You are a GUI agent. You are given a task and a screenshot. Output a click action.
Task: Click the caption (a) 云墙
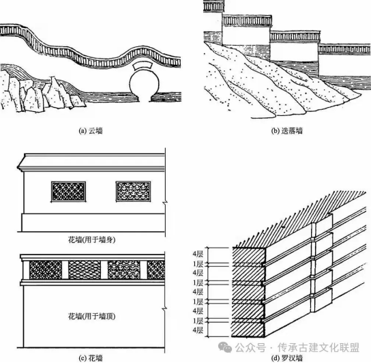coord(91,131)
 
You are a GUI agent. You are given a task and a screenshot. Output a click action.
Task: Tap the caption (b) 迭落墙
coord(286,131)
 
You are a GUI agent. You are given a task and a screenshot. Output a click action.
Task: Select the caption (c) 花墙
coord(91,358)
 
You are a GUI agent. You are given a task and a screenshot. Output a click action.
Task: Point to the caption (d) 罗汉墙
coord(286,358)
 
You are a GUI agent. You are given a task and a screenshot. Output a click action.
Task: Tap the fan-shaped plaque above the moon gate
coord(144,66)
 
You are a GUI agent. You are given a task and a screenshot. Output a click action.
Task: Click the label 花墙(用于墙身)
coord(92,240)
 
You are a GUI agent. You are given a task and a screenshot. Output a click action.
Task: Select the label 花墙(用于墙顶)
coord(92,317)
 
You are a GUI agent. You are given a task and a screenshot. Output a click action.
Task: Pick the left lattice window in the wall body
coord(68,192)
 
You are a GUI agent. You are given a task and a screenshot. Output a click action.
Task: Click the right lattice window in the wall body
coord(133,192)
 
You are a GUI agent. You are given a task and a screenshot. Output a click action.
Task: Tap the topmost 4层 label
coord(198,254)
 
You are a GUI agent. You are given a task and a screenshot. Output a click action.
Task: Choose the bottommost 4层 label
coord(198,330)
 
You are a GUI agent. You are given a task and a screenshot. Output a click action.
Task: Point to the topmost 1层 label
coord(198,263)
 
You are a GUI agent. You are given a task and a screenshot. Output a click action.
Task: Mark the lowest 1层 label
coord(198,321)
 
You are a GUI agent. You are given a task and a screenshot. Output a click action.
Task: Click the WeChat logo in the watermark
coord(225,347)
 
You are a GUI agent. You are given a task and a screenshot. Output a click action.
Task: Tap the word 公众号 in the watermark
coord(250,348)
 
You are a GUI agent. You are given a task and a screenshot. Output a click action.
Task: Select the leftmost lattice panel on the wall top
coord(46,270)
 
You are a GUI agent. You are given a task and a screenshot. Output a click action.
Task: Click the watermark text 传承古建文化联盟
coord(318,348)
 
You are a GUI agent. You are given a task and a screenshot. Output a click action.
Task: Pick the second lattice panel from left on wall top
coord(85,270)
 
